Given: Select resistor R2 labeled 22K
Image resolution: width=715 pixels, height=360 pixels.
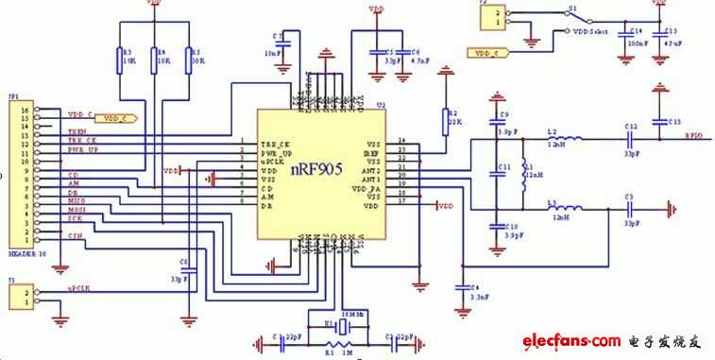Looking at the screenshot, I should [443, 122].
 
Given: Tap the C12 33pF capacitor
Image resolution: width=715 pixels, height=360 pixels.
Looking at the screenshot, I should [631, 140].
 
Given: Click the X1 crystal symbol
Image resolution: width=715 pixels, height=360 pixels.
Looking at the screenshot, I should [343, 326].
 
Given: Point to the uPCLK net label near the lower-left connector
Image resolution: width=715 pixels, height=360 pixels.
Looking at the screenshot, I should [78, 286].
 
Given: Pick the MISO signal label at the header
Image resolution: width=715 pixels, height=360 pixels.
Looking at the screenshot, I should [76, 199].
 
